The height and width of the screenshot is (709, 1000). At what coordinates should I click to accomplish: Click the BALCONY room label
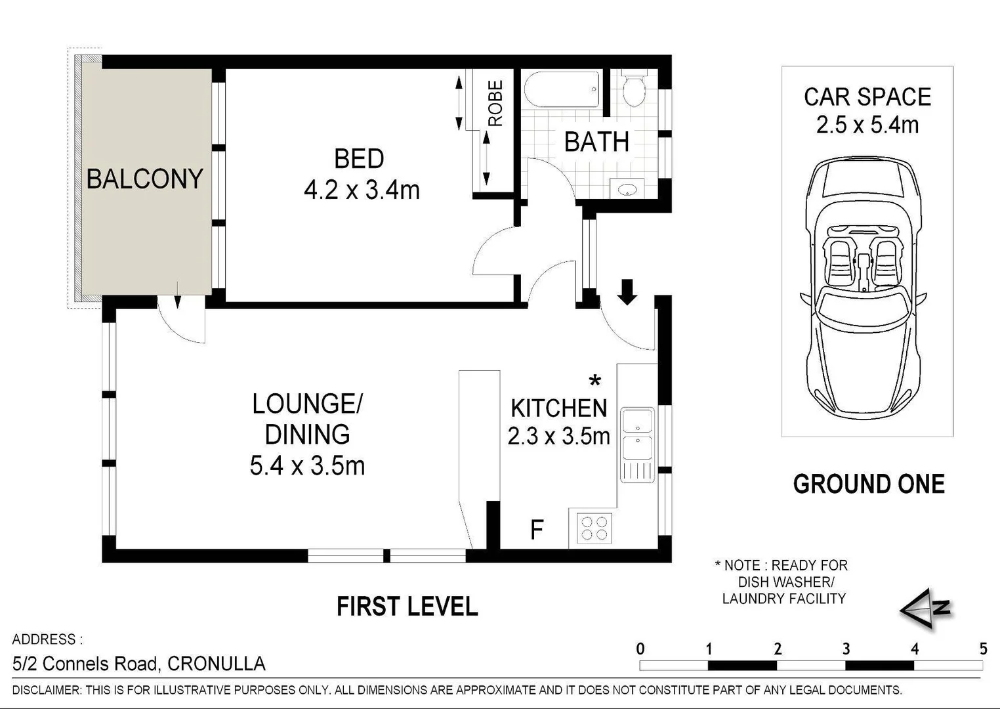point(144,179)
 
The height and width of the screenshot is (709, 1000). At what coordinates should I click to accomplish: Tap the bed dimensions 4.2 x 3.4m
point(362,190)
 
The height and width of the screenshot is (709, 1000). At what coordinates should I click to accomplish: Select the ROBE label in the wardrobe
point(495,104)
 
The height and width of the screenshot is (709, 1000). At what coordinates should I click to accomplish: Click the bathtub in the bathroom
point(562,90)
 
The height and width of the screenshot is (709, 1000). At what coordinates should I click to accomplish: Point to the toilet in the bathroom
point(634,90)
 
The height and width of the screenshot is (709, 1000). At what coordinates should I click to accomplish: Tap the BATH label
point(596,142)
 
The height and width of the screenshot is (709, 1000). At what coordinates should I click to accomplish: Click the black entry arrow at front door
point(627,291)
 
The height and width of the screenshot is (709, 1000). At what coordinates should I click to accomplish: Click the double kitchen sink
point(637,434)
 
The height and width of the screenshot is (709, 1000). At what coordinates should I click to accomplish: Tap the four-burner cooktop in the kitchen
point(594,528)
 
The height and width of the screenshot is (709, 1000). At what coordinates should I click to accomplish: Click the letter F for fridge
point(537,530)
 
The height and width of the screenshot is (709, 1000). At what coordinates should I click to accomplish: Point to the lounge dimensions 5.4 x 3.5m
point(307,466)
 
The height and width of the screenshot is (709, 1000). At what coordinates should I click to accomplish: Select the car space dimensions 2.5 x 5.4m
point(867,125)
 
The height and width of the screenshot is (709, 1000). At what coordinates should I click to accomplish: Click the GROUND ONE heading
point(868,484)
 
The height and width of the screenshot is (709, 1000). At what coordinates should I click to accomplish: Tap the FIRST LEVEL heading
point(407,607)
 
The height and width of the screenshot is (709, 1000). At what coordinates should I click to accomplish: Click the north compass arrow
point(925,609)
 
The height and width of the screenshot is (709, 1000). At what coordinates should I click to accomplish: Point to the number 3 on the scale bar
point(846,649)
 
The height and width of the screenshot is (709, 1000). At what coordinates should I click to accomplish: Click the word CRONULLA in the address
point(217,664)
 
